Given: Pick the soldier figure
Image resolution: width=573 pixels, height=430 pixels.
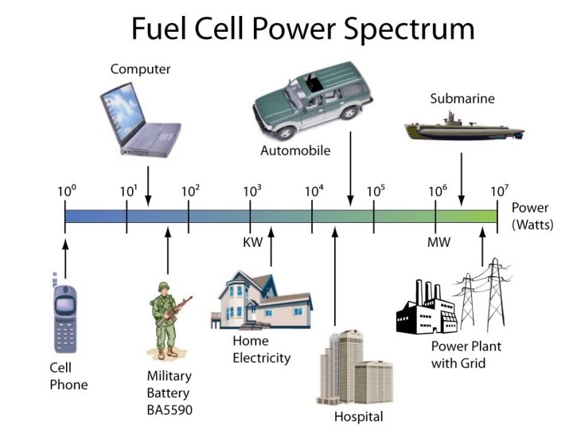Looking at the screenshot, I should pos(168,319).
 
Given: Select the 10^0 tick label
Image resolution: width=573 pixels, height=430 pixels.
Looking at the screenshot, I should pos(66,190).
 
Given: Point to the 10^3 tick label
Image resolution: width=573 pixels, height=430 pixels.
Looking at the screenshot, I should pos(252,190).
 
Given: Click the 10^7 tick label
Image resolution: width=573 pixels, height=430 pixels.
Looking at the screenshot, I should pos(498,190).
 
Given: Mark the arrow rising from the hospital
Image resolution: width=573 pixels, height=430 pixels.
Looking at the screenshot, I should pos(335,279).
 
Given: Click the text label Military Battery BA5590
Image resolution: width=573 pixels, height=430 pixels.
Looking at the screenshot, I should pos(169,393).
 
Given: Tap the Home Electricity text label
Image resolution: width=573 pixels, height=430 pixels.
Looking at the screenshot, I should pos(261,350).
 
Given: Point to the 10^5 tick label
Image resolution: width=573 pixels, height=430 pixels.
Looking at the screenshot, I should pos(376,190).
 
